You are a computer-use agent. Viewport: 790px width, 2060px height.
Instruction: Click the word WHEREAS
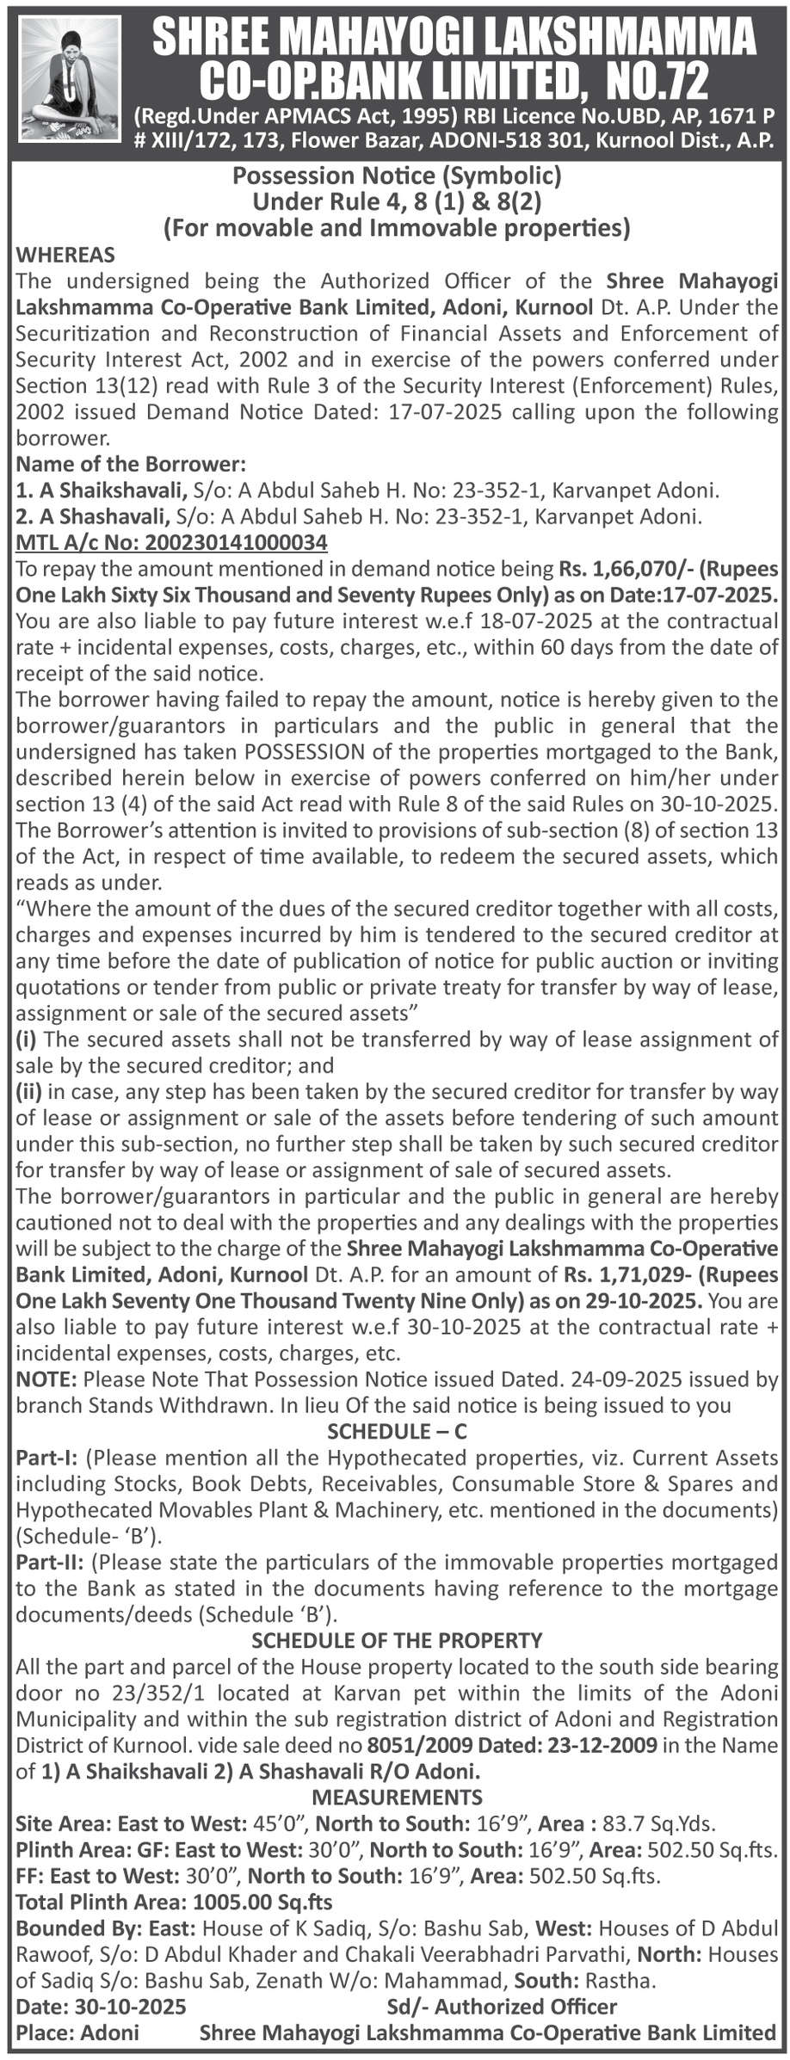pos(65,256)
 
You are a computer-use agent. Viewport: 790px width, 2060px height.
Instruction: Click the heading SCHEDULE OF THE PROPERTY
pos(397,1639)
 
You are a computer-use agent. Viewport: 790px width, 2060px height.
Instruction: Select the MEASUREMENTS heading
pos(397,1796)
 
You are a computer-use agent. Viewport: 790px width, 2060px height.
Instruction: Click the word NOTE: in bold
pos(47,1379)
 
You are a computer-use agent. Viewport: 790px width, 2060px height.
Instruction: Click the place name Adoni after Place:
pos(109,2032)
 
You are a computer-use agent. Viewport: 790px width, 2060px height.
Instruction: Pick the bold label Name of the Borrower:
pos(132,464)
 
